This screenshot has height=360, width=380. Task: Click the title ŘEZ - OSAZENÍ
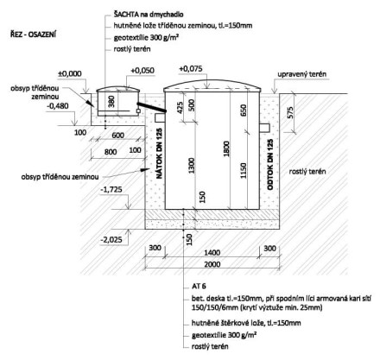tap(33, 35)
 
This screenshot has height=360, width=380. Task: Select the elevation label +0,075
tap(191, 69)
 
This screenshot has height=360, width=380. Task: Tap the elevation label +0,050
tap(142, 71)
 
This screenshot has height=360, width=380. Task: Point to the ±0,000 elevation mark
tap(70, 73)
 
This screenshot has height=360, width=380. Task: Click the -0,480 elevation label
tap(58, 106)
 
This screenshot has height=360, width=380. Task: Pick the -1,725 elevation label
tap(111, 189)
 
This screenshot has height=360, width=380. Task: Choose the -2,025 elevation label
tap(111, 239)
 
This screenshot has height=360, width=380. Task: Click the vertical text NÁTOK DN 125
tap(159, 154)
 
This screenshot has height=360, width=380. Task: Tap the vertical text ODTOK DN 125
tap(270, 164)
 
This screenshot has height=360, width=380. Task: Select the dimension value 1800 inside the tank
tap(226, 148)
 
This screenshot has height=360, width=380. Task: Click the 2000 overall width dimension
tap(212, 264)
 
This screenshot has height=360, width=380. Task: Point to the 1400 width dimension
tap(212, 253)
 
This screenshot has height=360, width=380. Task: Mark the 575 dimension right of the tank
tap(290, 113)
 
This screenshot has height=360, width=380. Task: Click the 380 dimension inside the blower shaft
tap(111, 101)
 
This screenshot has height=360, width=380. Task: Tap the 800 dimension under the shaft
tap(111, 152)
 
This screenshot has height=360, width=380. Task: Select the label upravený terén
tap(302, 74)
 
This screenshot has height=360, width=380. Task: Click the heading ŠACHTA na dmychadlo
tap(149, 14)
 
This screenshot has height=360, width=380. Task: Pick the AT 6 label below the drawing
tap(199, 287)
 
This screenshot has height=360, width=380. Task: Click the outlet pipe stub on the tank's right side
tap(264, 128)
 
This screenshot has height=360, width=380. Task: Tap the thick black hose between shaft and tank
tap(151, 107)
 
